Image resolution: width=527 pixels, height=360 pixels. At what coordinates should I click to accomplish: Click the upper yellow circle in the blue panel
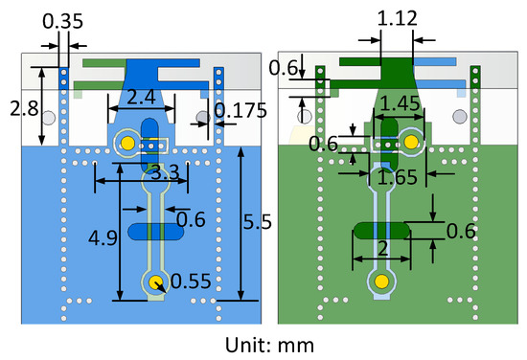(126, 145)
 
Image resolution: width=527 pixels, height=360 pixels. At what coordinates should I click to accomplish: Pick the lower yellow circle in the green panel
(381, 281)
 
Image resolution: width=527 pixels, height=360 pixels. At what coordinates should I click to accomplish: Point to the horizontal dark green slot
(381, 230)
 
